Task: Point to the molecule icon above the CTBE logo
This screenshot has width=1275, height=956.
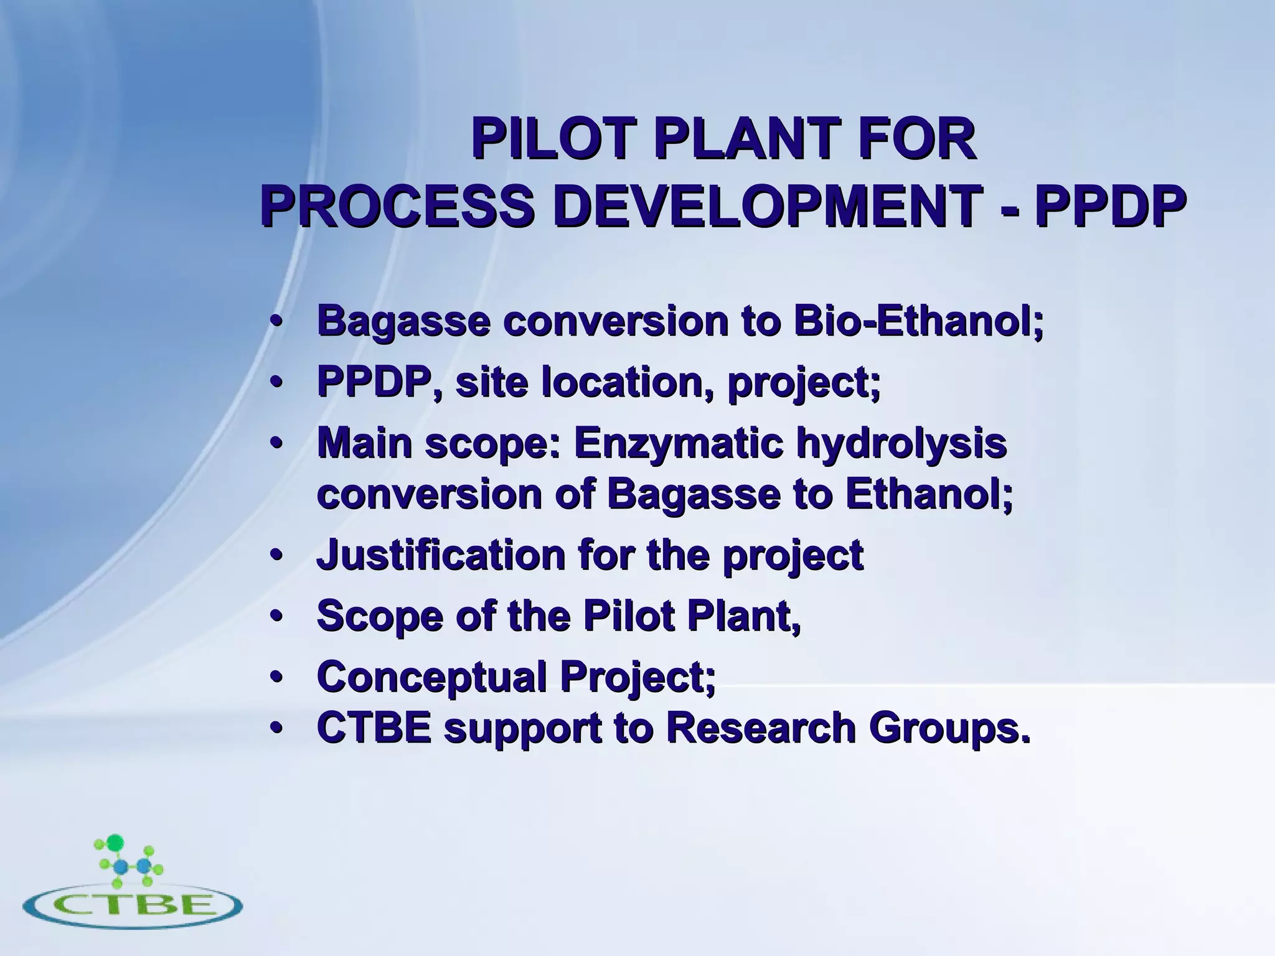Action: [x=128, y=863]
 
